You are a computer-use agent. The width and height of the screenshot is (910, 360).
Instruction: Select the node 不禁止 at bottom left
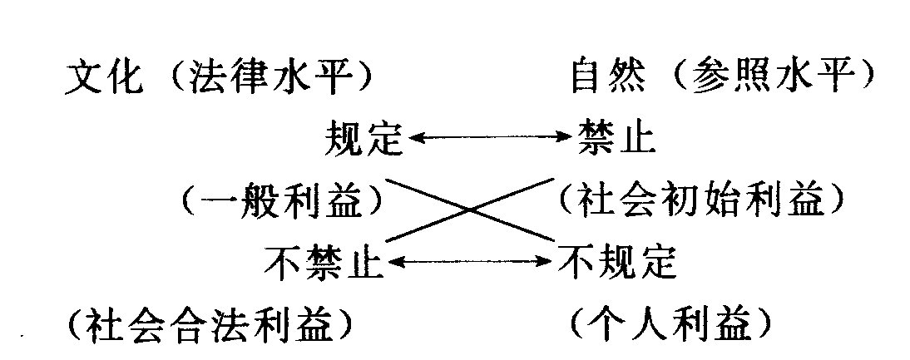point(324,263)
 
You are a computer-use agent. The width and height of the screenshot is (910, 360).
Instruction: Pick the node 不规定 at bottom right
point(618,263)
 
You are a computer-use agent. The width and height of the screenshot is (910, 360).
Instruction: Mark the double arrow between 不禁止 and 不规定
point(471,263)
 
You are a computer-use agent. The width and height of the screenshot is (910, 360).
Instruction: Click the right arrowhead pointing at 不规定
point(549,263)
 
